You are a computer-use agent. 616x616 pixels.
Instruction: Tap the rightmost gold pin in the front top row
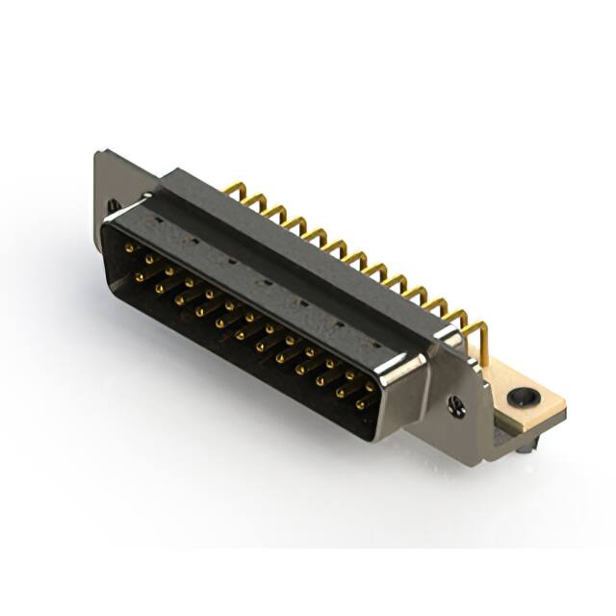click(370, 386)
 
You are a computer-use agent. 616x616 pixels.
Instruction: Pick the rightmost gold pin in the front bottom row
click(361, 405)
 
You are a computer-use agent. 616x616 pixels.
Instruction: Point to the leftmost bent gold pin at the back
click(232, 188)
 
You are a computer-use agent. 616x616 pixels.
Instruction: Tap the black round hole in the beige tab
click(523, 395)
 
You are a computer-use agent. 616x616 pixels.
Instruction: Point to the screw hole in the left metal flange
click(113, 205)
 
